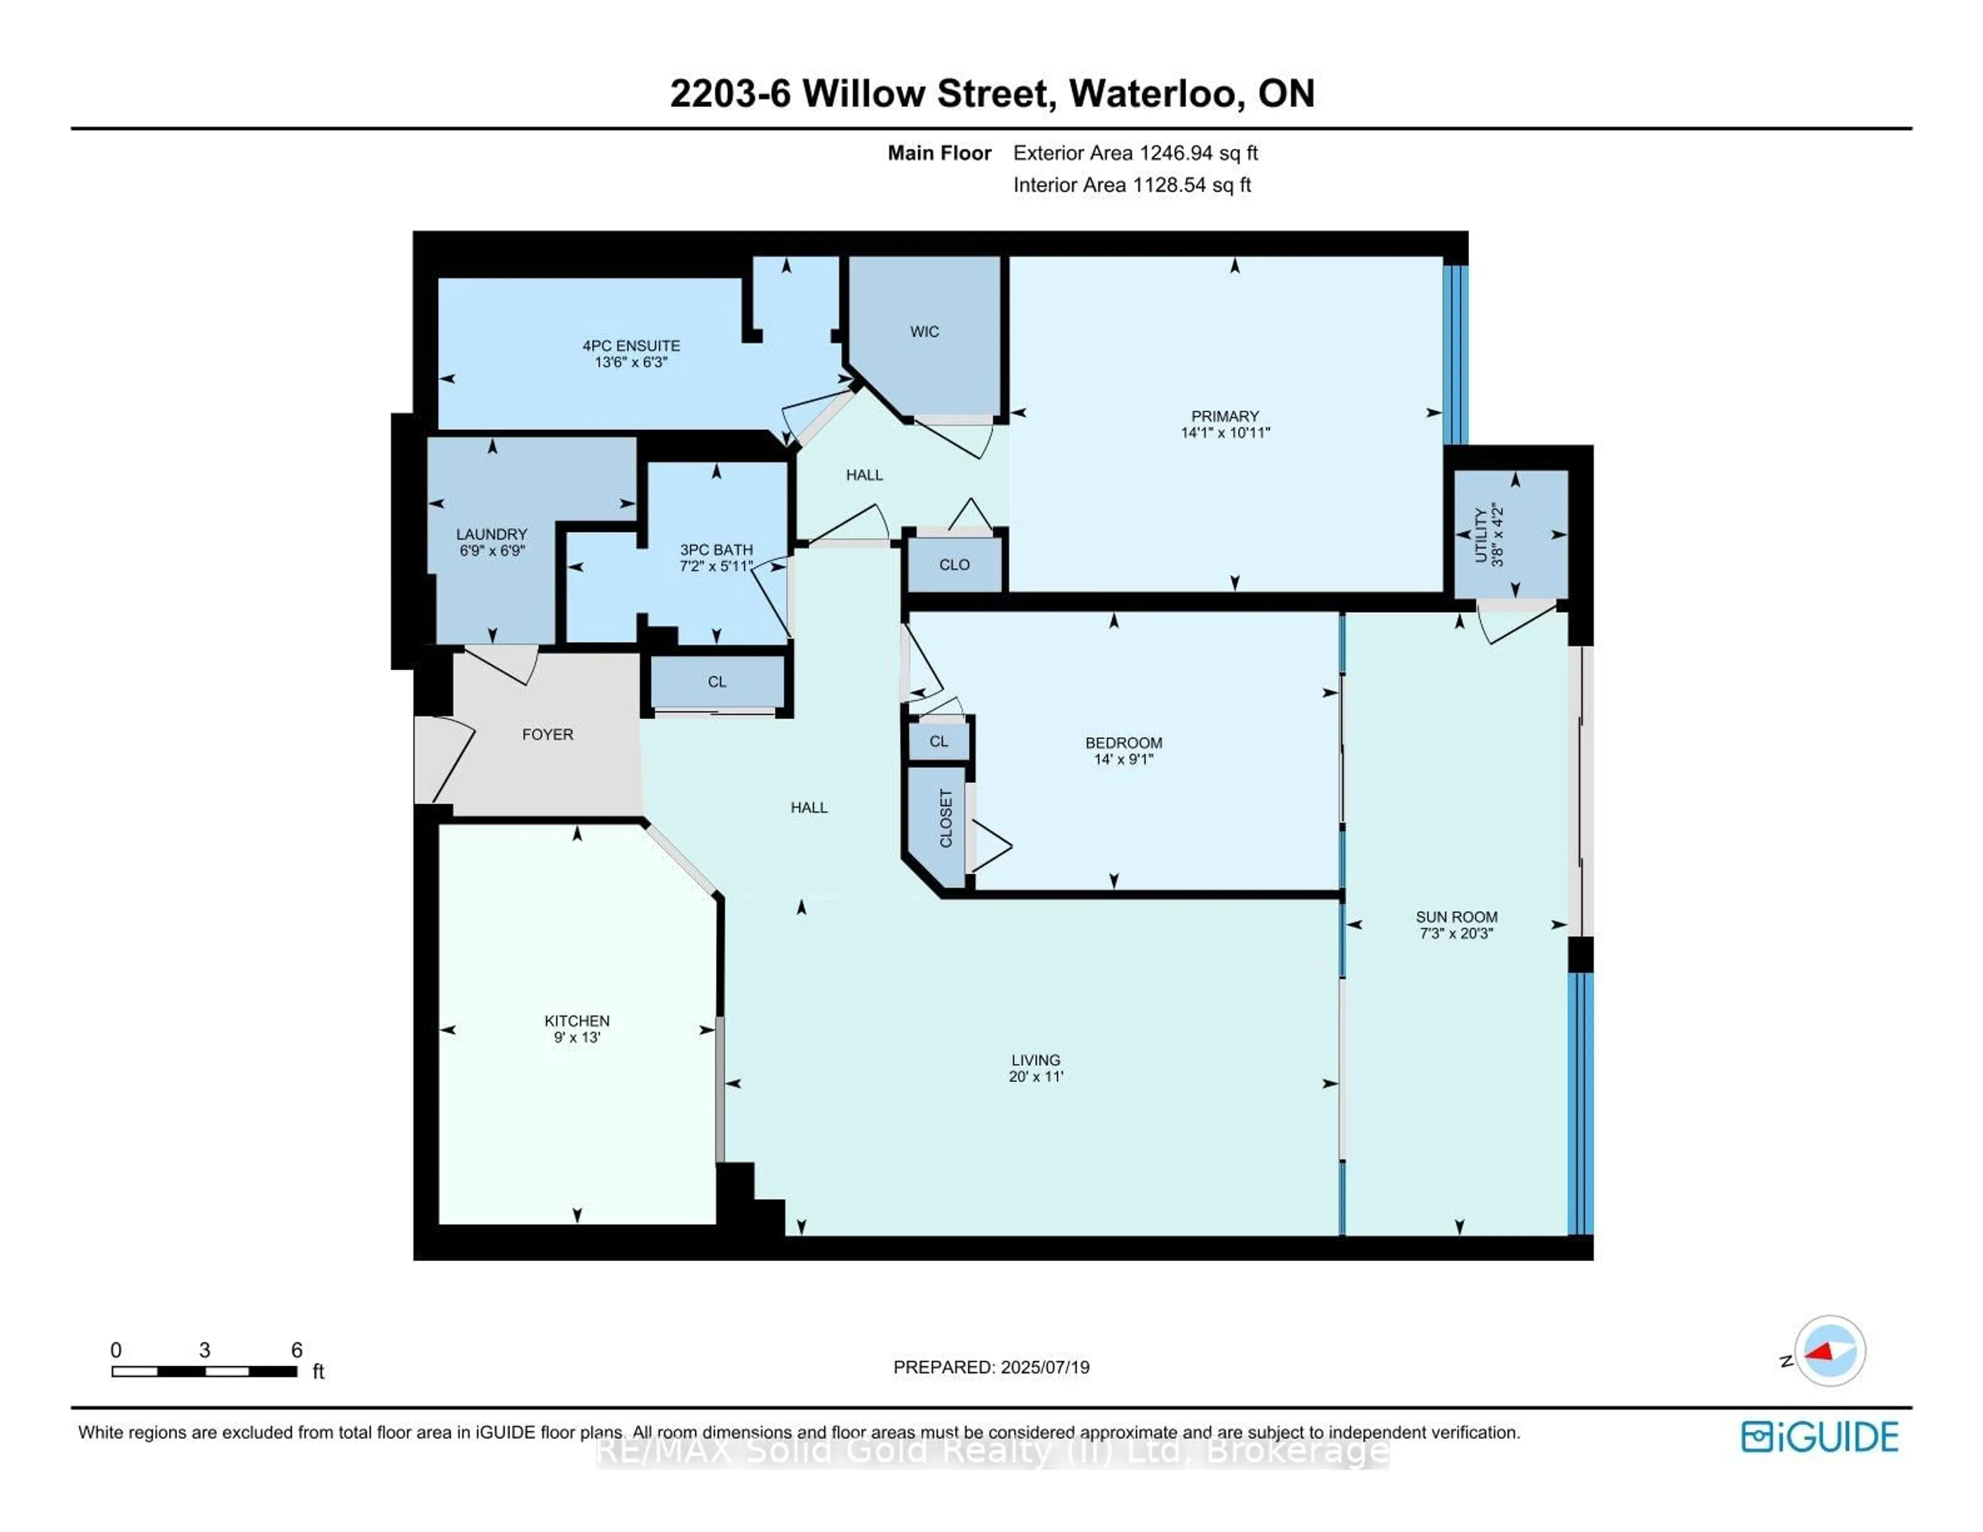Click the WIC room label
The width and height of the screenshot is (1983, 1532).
tap(924, 331)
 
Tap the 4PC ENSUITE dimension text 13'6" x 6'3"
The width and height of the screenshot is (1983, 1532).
tap(631, 362)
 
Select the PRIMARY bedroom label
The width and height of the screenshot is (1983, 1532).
tap(1225, 416)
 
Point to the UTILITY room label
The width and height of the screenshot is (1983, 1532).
tap(1481, 536)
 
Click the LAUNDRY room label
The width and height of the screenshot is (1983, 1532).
tap(491, 534)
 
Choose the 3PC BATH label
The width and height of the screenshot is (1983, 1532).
tap(716, 549)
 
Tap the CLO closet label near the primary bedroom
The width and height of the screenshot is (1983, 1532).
tap(954, 565)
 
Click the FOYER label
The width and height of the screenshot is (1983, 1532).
tap(547, 734)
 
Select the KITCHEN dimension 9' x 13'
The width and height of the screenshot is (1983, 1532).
tap(577, 1037)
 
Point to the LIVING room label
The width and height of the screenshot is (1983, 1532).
tap(1035, 1060)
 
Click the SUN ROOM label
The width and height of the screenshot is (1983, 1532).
tap(1456, 917)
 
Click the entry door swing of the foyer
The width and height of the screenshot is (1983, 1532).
tap(447, 759)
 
